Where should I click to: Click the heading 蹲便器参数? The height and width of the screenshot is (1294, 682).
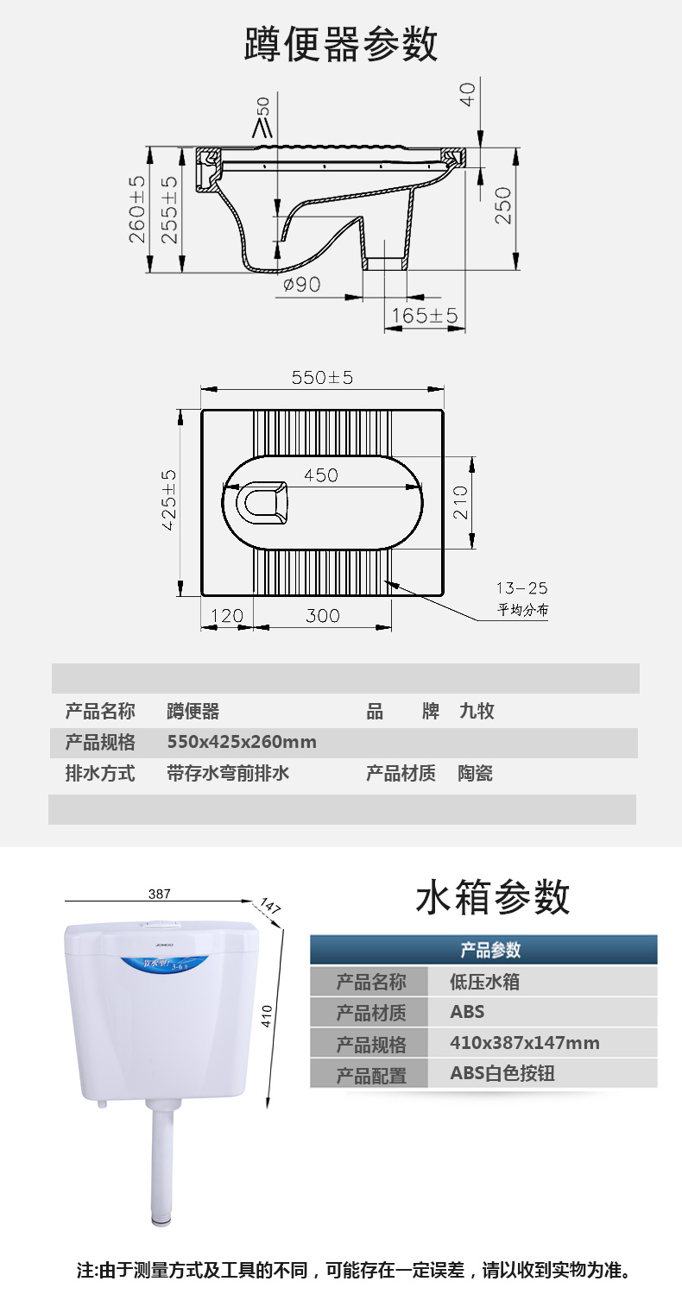coord(340,44)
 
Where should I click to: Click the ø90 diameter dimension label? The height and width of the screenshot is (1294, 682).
coord(302,284)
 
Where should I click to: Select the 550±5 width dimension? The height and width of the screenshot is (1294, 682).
coord(322,377)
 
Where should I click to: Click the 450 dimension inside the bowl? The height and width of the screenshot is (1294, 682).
coord(320,475)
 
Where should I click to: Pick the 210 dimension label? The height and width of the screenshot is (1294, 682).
coord(459,504)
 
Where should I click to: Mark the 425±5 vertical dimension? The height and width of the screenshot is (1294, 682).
coord(168,500)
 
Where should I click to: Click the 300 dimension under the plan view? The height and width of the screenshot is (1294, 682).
coord(322,616)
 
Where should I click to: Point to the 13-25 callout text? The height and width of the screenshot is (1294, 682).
coord(521,589)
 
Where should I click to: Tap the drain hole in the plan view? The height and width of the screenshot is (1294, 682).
coord(263,503)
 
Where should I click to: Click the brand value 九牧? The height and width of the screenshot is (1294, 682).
coord(477,712)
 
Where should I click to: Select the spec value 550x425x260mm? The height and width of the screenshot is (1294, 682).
coord(242,742)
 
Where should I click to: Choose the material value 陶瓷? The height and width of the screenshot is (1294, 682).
coord(475,773)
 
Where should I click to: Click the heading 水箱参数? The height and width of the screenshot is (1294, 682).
coord(493,898)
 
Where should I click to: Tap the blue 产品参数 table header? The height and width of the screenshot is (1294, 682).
coord(483,950)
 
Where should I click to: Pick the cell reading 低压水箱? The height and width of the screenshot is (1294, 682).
coord(485,981)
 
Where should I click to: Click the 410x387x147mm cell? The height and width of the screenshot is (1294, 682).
coord(525,1043)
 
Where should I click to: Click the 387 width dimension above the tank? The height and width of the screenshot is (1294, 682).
coord(159,895)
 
